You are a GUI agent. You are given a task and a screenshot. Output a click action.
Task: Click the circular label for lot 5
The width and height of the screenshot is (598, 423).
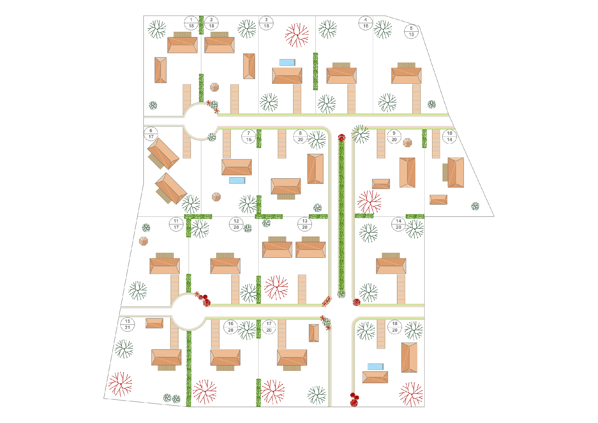pos(411,31)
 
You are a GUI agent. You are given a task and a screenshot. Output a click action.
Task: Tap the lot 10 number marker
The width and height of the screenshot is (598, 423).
pos(449,136)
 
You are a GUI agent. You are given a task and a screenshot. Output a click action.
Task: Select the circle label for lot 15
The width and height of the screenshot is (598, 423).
pos(128,324)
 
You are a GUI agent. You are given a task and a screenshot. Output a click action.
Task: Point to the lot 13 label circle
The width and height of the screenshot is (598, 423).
pos(305,224)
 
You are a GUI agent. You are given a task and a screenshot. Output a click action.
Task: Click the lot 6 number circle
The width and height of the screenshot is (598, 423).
pos(151,134)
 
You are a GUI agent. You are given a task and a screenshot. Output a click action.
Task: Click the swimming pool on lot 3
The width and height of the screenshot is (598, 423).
pos(287,62)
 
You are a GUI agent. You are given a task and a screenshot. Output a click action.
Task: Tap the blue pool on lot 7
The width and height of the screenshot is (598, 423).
pos(237,180)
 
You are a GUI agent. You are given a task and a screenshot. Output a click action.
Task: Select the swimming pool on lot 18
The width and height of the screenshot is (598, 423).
pos(375,366)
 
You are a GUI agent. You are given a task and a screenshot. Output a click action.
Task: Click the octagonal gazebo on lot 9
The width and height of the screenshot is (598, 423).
pos(407,143)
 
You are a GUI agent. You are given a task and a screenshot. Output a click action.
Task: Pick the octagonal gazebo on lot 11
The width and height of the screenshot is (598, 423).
pos(144,241)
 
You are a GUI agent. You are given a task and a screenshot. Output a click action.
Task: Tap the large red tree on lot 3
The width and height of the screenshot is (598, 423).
pos(297,35)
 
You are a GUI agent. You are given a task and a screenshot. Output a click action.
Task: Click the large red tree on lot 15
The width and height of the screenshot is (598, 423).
pos(120,384)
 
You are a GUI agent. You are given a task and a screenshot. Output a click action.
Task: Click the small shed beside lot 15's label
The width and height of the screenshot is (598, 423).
pos(155,323)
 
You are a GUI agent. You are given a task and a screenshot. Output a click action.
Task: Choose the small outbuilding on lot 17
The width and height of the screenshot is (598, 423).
pos(314,333)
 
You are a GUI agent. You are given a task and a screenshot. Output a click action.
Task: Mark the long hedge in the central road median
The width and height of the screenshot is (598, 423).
pos(341,216)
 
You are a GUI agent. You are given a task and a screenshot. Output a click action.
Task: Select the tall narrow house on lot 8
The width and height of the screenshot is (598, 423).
pos(315,169)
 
